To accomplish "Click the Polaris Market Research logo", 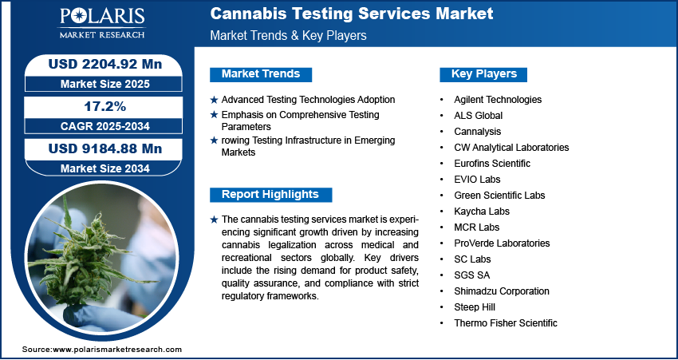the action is point(102,23).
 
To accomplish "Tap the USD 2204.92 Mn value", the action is point(105,65).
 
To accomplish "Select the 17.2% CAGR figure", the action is point(105,106).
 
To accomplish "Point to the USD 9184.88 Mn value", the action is point(105,148).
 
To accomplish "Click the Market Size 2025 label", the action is point(105,84).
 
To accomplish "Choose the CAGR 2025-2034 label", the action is point(105,126).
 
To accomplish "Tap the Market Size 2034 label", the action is point(105,168).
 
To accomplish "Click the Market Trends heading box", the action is point(261,74).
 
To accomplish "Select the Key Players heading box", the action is point(483,74).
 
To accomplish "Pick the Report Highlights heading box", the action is point(270,195).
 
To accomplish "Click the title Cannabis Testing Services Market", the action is point(352,14).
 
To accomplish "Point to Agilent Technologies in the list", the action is point(498,100).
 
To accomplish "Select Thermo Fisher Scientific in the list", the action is point(506,322).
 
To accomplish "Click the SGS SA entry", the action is point(471,275).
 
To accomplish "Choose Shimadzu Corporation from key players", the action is point(502,291).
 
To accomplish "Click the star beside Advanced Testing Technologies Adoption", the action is point(214,100).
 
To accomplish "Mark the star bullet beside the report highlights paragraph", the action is point(214,220).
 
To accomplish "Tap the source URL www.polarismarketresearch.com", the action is point(117,350).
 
